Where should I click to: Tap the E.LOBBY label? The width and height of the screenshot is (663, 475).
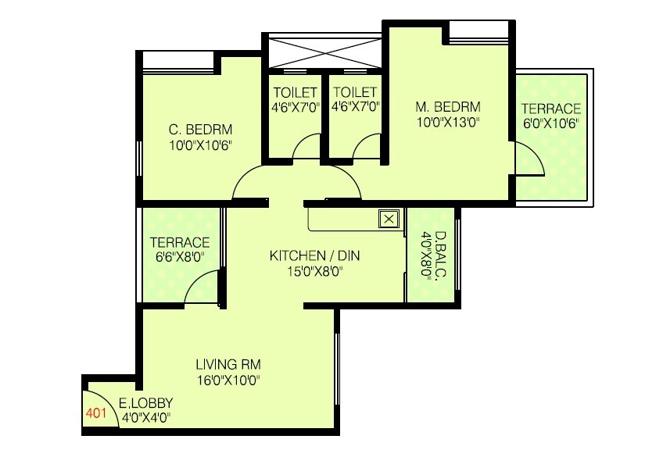click(x=146, y=403)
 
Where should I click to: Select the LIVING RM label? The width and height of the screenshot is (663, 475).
click(x=228, y=365)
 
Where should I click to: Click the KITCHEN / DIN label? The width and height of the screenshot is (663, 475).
click(x=314, y=256)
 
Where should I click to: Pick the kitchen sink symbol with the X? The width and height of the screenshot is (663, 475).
click(x=389, y=219)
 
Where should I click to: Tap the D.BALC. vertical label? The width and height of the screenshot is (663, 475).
click(x=440, y=255)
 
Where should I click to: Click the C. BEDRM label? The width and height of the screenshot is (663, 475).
click(x=201, y=130)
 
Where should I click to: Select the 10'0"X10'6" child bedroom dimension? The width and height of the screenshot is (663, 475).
click(x=201, y=145)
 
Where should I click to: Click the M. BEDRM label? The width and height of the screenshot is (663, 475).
click(x=447, y=106)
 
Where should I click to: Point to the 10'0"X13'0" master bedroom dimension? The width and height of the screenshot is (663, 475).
click(x=447, y=122)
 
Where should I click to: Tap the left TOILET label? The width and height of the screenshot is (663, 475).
click(x=296, y=92)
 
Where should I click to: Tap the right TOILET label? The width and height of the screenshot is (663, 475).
click(x=355, y=92)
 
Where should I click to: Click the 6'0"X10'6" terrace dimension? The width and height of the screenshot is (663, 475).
click(x=552, y=123)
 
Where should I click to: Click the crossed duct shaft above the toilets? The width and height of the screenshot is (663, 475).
click(x=323, y=52)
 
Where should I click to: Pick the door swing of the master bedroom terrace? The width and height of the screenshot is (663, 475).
click(x=530, y=160)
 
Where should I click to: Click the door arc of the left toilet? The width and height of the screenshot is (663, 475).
click(x=307, y=147)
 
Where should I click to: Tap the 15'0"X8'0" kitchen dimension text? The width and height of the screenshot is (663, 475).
click(x=314, y=272)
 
